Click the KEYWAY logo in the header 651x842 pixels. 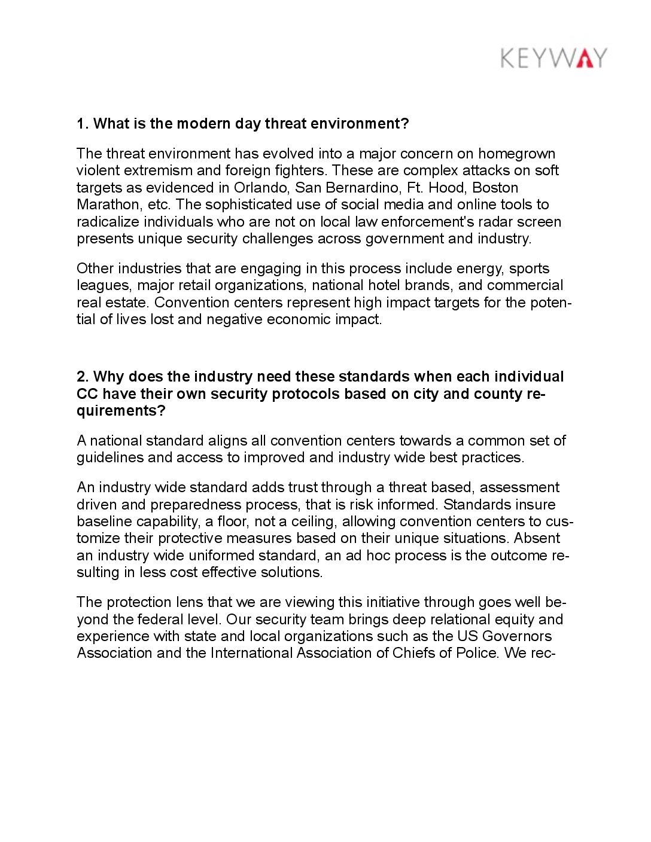point(553,58)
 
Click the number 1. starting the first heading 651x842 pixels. point(83,124)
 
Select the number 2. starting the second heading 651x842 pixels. point(83,377)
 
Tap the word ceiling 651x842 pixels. point(314,521)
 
